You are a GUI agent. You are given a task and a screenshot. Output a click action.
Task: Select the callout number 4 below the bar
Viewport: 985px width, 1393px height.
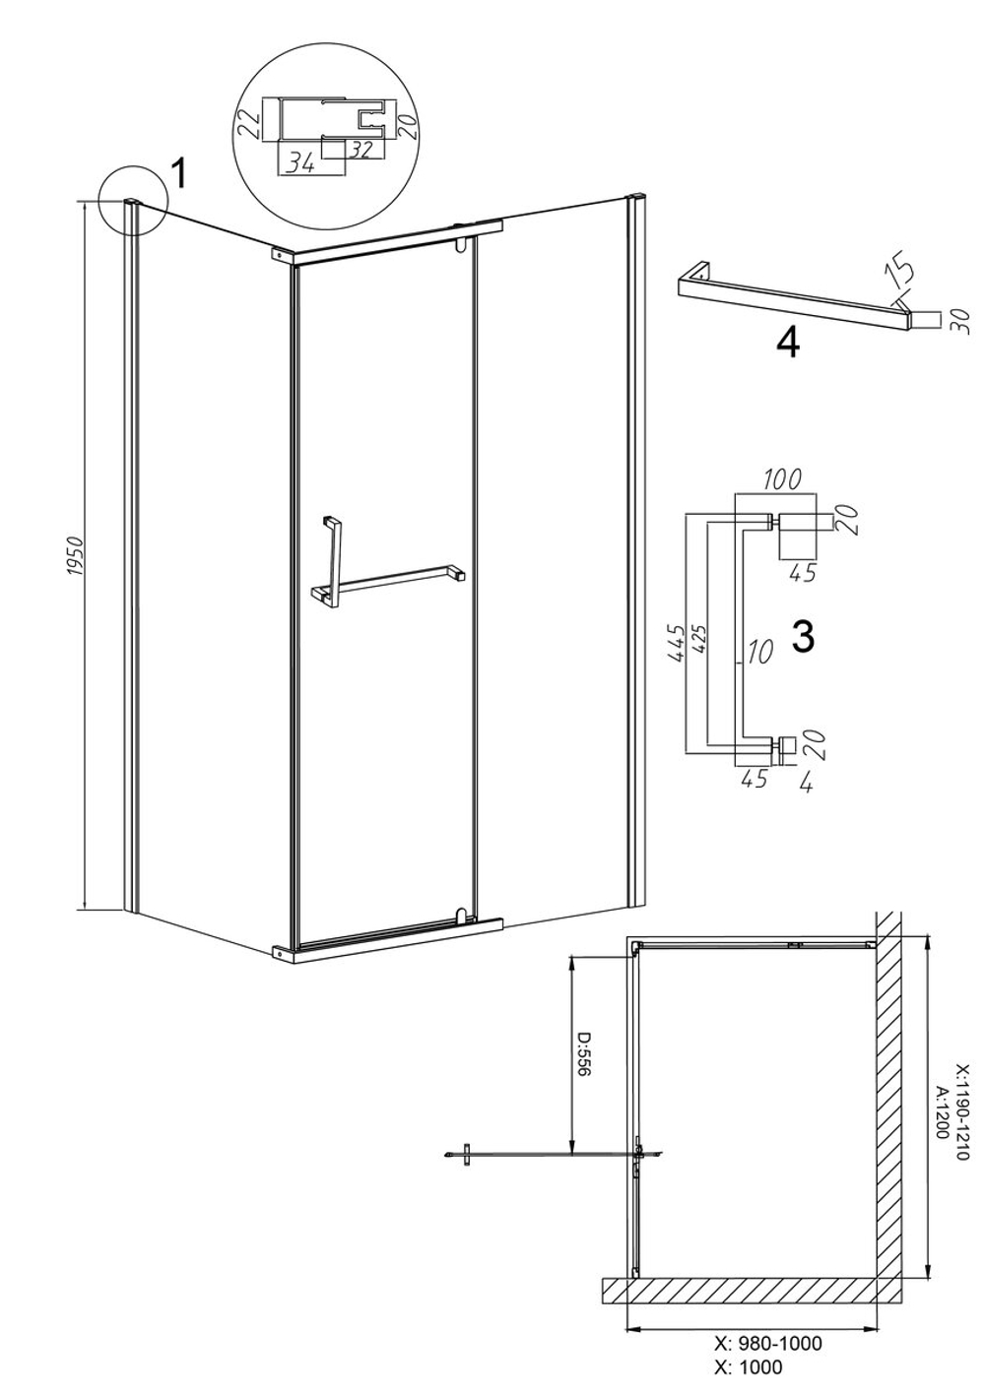[x=788, y=343]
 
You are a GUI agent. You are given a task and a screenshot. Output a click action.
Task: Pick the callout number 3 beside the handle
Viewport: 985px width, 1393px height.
[x=804, y=637]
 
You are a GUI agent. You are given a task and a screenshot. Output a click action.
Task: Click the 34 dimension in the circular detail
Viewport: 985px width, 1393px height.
[x=301, y=164]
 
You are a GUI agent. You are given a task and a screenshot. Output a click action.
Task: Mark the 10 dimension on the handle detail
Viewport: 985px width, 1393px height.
[x=759, y=651]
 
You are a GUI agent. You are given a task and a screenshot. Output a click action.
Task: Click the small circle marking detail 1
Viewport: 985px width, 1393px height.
[x=134, y=200]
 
